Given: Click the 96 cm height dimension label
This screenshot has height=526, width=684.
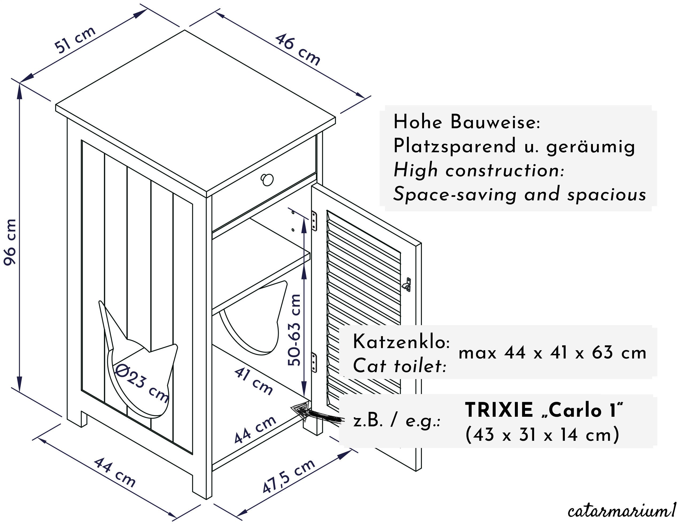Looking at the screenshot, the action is pos(10,242).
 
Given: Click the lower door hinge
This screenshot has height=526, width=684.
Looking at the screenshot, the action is pos(314,362).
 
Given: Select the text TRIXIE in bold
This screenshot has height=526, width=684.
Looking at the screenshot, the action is pos(499,410).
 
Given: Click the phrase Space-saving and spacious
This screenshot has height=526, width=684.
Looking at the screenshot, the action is pos(520,194).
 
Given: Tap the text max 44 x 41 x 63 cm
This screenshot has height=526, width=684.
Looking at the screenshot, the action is pos(553,353).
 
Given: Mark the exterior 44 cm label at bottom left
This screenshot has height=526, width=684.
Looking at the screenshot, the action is pos(115,472).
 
